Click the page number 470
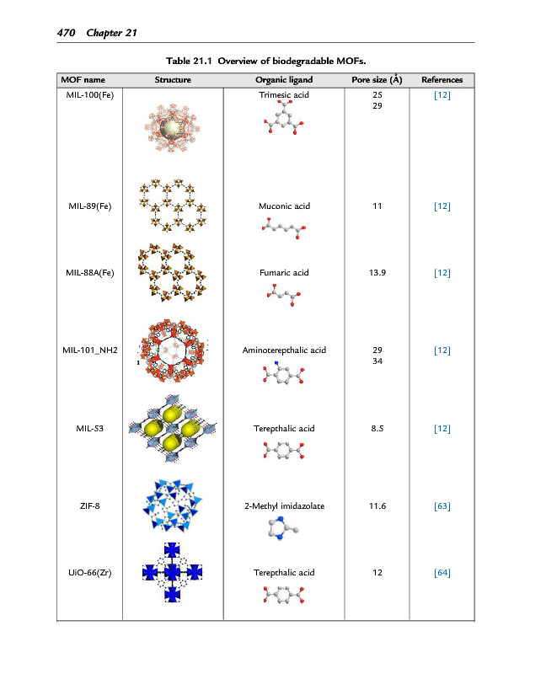(x=67, y=33)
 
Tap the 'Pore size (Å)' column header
(x=376, y=80)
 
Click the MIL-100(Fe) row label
(x=89, y=95)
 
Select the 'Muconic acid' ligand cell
(x=284, y=206)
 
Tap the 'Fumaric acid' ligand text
(x=284, y=273)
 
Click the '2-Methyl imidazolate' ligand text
(x=284, y=505)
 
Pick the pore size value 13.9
(x=376, y=273)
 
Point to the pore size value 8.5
(x=376, y=428)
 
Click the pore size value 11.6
(x=376, y=505)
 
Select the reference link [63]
(x=442, y=505)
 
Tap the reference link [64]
(x=442, y=573)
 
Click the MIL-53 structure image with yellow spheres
(x=173, y=429)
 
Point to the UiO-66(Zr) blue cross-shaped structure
(x=173, y=573)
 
